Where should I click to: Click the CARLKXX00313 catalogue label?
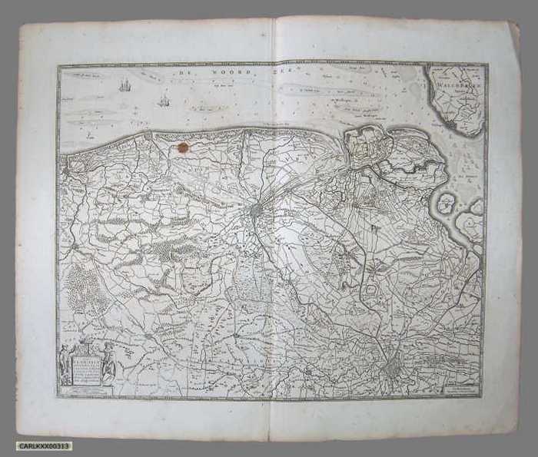point(45,446)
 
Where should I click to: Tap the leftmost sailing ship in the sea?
point(125,84)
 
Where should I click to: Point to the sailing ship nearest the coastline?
point(163,100)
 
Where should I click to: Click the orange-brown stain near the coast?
point(183,146)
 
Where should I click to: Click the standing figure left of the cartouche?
point(64,364)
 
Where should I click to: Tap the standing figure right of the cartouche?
point(110,366)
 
